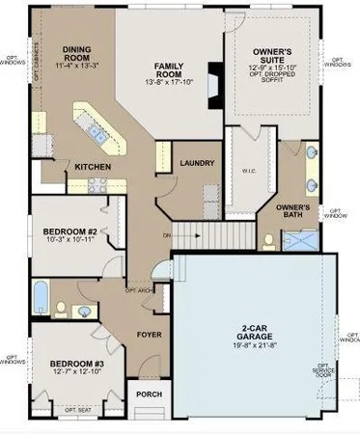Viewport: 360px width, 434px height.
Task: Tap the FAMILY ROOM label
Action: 170,70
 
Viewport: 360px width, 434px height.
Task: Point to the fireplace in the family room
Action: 213,79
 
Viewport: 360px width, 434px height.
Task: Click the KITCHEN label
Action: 92,167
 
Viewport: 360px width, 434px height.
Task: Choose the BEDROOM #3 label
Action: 73,364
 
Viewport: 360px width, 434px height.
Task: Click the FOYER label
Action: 148,338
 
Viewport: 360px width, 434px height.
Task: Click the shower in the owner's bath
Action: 308,237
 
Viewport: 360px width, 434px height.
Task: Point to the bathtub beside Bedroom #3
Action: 39,298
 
